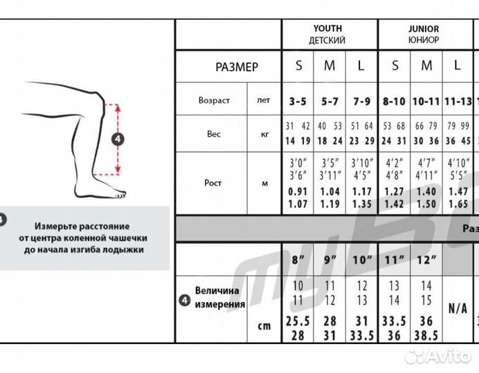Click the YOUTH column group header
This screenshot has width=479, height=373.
tap(329, 35)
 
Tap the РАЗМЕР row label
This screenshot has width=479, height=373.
tap(237, 67)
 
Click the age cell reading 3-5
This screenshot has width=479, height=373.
tap(298, 101)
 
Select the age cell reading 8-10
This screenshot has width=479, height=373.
tap(394, 101)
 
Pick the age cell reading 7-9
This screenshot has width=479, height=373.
tap(362, 101)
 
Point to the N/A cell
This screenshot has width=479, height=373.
tap(457, 308)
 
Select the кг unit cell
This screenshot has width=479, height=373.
tap(264, 134)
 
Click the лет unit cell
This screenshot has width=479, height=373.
tap(264, 100)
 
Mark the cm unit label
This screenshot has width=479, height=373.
tap(264, 326)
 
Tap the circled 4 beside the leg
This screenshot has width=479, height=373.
tap(118, 139)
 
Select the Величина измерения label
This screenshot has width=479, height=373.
tap(219, 298)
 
